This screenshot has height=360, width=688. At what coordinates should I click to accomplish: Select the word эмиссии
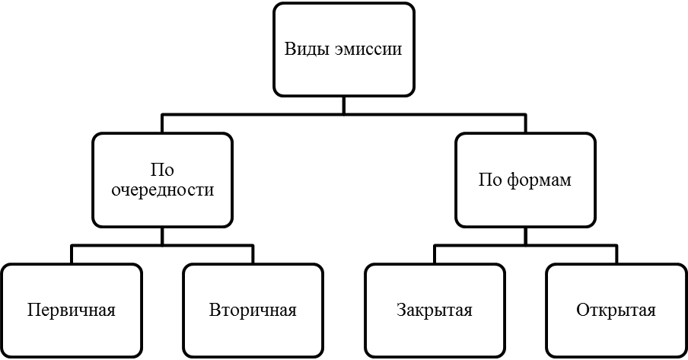[x=368, y=49]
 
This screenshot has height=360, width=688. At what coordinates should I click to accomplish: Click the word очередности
[x=162, y=190]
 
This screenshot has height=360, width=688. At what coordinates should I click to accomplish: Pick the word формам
[x=539, y=180]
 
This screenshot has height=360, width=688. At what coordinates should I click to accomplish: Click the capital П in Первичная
[x=32, y=311]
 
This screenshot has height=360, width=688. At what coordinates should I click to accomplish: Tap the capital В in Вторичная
[x=214, y=311]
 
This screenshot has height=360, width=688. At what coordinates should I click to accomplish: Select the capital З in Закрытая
[x=401, y=311]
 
